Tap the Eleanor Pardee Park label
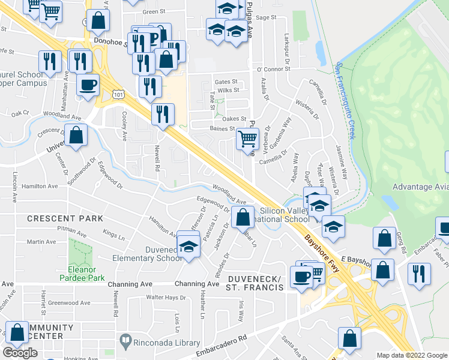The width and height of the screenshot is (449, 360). pyautogui.click(x=82, y=273)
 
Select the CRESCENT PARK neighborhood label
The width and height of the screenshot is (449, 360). pyautogui.click(x=65, y=218)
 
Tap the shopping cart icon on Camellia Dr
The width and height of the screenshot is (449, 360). pyautogui.click(x=247, y=140)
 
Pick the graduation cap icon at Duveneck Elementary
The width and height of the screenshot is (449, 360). pyautogui.click(x=189, y=247)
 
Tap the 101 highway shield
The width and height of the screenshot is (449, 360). pyautogui.click(x=118, y=94)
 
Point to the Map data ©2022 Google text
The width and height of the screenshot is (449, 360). pyautogui.click(x=412, y=355)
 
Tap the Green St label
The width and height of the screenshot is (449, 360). pyautogui.click(x=154, y=11)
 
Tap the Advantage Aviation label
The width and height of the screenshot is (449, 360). pyautogui.click(x=420, y=187)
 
